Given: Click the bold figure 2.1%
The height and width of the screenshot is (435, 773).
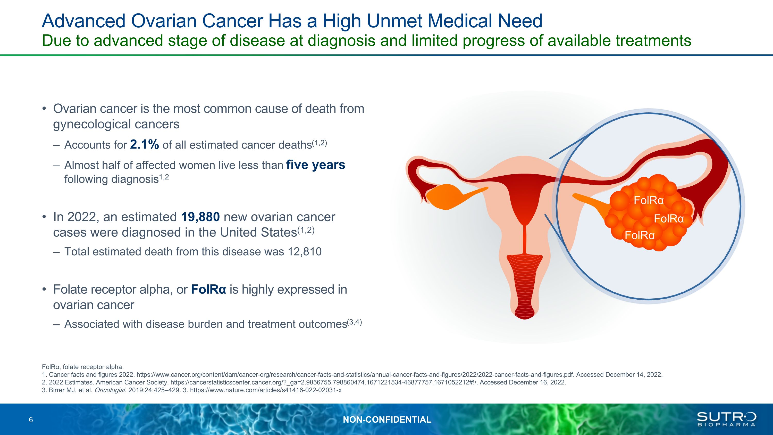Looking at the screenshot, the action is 144,145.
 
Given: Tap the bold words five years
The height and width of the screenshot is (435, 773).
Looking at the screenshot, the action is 316,165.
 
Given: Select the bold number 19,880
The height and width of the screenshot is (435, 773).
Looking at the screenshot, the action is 200,217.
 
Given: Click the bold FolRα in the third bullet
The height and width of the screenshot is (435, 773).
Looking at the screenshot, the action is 208,289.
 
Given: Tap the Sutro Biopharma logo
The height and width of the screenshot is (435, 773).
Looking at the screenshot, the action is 726,419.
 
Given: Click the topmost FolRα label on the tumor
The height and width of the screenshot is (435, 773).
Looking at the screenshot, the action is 649,200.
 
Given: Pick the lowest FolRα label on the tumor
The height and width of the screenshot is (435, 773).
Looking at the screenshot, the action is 640,235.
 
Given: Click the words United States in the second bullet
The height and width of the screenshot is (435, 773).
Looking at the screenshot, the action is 258,232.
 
